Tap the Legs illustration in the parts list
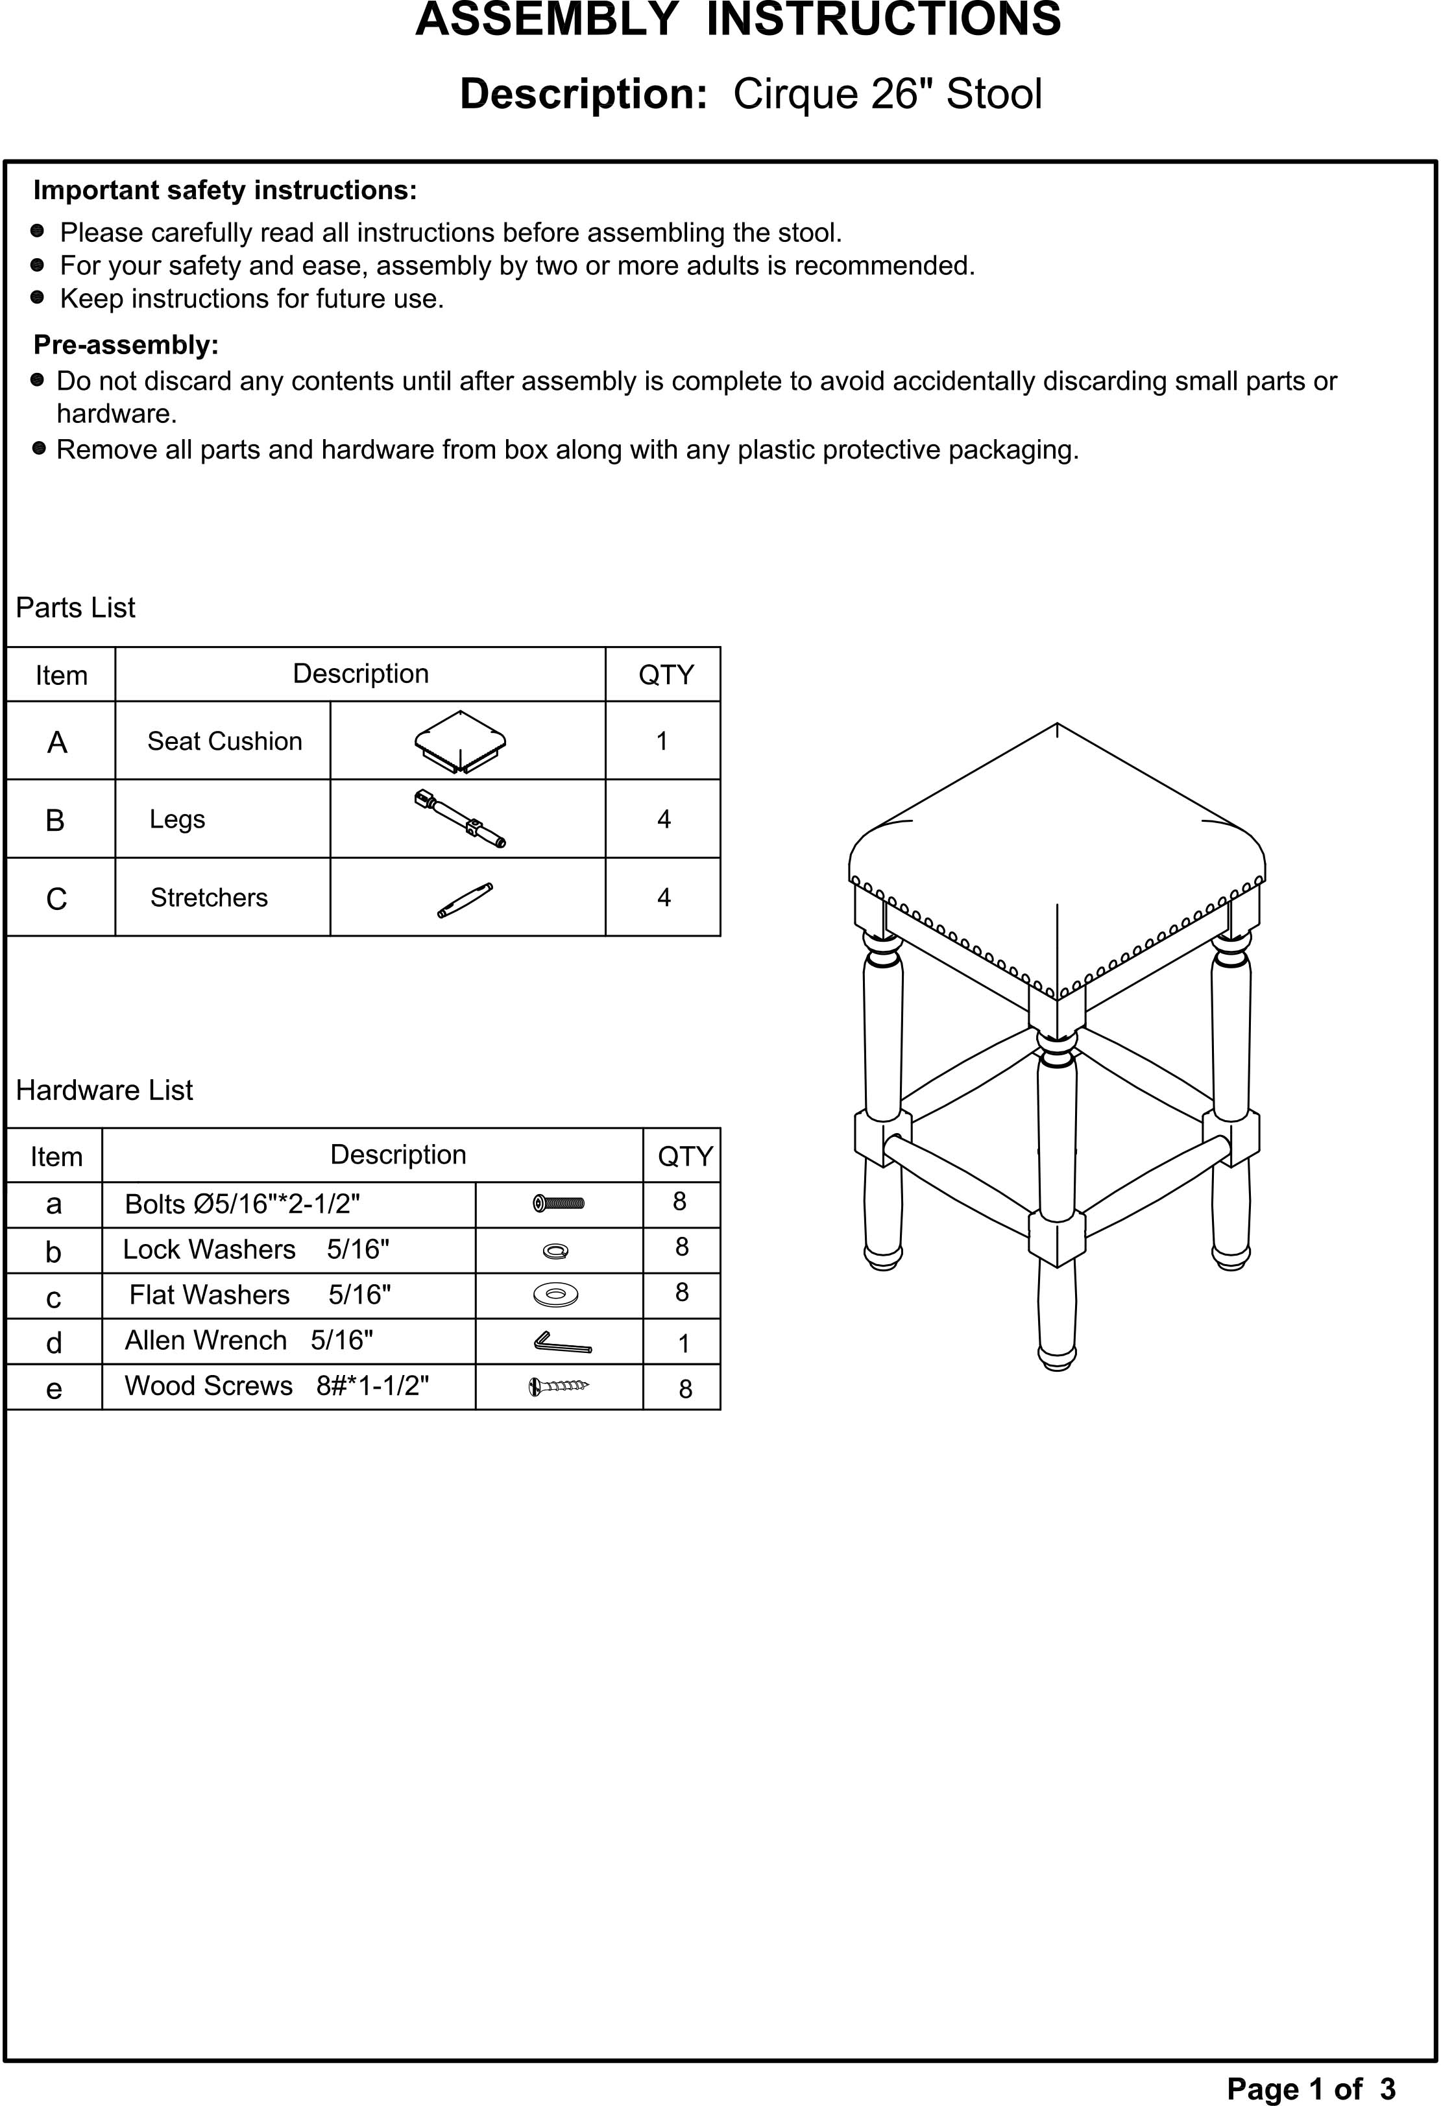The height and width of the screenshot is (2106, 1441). coord(461,819)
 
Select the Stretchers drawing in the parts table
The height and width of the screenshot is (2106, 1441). coord(465,900)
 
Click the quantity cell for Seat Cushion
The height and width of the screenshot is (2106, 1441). coord(662,741)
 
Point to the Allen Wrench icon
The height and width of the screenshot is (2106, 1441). coord(562,1342)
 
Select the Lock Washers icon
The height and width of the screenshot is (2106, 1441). coord(555,1251)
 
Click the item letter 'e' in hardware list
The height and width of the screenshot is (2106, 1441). coord(54,1388)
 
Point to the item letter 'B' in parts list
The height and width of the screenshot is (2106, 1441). coord(55,820)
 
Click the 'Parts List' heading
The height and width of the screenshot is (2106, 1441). coord(75,607)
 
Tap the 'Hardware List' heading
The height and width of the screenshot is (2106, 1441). coord(104,1090)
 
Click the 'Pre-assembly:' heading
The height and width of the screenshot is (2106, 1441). coord(126,345)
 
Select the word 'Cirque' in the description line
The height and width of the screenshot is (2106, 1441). coord(795,94)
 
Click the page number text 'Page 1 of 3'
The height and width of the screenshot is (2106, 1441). coord(1311,2088)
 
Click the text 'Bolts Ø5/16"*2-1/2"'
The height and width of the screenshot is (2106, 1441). coord(242,1204)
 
